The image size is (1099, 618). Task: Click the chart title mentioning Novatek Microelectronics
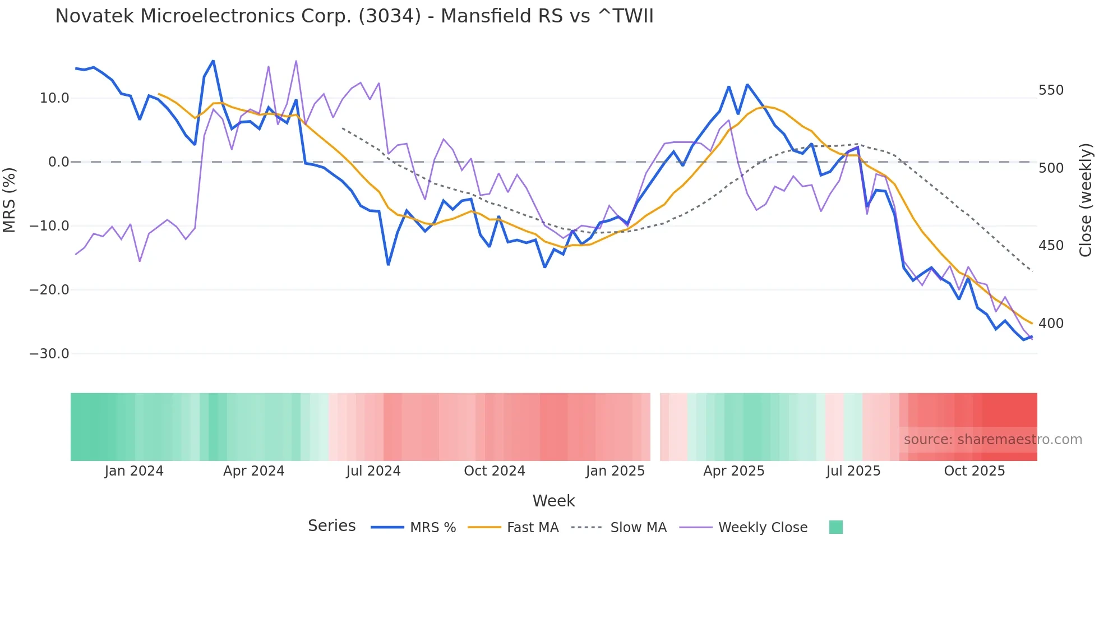point(354,16)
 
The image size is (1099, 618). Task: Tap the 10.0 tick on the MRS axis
point(54,98)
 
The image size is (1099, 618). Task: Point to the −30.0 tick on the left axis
point(49,354)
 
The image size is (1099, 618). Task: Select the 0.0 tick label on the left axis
point(58,162)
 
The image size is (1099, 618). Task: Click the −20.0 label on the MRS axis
point(49,290)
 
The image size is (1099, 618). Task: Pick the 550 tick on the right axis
point(1051,90)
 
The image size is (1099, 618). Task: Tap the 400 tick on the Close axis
point(1051,324)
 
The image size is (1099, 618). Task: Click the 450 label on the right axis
point(1051,246)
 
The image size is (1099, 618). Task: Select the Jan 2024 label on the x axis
point(134,471)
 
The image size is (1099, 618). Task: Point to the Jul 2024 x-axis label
point(373,471)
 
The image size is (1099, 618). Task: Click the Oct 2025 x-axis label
point(975,471)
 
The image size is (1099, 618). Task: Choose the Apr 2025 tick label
point(734,471)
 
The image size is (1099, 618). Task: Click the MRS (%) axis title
point(10,200)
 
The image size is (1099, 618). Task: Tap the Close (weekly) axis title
point(1086,200)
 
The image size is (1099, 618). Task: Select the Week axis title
point(553,501)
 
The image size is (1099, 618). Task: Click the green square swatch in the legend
point(835,527)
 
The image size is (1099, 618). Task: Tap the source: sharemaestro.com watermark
point(992,440)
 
